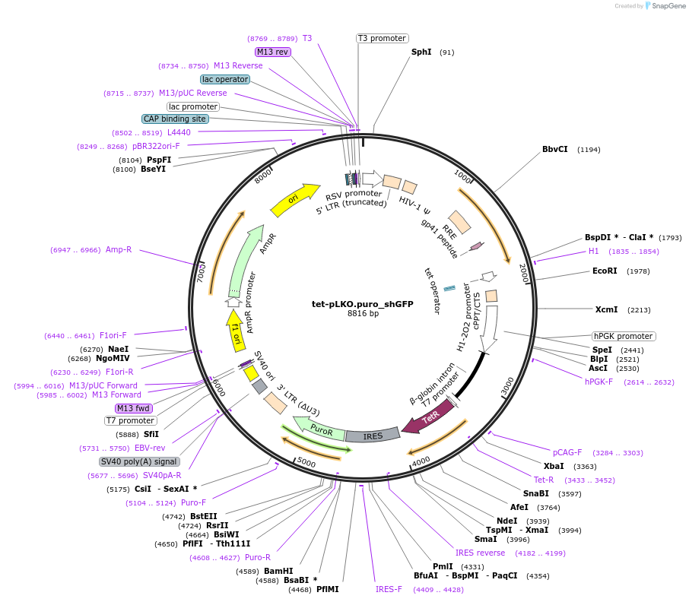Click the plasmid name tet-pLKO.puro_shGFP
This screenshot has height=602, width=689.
[x=363, y=303]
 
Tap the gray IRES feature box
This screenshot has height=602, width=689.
[x=373, y=436]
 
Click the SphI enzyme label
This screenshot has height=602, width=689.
[x=421, y=52]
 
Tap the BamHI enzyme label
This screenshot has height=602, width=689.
[x=278, y=571]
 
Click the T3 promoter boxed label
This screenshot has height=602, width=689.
[x=382, y=38]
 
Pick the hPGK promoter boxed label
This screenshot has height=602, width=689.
[x=623, y=336]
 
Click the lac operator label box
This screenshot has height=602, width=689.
[x=224, y=79]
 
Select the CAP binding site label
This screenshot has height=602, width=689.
[x=174, y=119]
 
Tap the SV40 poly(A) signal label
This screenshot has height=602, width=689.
[x=139, y=461]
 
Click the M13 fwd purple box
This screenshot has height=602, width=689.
[x=134, y=408]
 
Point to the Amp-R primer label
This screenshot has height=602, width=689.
[x=119, y=249]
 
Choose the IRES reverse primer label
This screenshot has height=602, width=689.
[x=480, y=553]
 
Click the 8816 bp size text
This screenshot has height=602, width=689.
[x=363, y=313]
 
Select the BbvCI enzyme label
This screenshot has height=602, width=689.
[x=554, y=149]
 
